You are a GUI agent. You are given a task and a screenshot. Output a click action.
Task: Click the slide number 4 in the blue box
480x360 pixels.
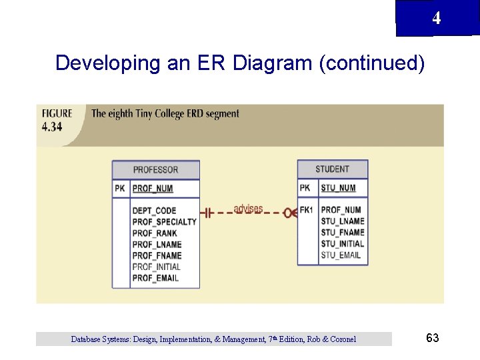click(436, 18)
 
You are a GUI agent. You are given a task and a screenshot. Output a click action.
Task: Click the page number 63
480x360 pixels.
click(432, 338)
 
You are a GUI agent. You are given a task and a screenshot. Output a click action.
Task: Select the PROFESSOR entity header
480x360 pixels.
click(155, 169)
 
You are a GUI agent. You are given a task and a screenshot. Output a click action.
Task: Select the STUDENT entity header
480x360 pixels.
click(332, 169)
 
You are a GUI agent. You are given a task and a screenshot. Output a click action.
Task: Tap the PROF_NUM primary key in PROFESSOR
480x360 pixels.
click(153, 189)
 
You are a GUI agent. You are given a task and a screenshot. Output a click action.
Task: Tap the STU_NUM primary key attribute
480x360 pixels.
click(338, 188)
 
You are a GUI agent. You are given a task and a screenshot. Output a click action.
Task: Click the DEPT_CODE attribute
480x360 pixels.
click(154, 211)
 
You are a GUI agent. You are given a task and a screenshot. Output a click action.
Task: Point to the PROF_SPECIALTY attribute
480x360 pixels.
click(164, 222)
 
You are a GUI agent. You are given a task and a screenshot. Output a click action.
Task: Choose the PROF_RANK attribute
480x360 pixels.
click(155, 233)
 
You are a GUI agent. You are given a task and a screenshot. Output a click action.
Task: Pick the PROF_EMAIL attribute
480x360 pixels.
click(155, 278)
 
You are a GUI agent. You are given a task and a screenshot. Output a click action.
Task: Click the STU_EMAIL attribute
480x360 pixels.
click(341, 255)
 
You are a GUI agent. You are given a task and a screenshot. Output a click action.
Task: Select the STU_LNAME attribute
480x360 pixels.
click(342, 221)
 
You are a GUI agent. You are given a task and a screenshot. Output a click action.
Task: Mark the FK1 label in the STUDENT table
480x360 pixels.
click(307, 210)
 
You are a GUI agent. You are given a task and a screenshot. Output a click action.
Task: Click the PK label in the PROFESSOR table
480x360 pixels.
click(120, 189)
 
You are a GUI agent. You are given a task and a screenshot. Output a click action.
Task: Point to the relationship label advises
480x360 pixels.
click(248, 209)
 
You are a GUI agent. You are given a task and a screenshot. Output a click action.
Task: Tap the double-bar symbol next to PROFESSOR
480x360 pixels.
click(207, 213)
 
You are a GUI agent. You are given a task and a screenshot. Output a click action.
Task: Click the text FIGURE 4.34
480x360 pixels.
click(57, 120)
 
